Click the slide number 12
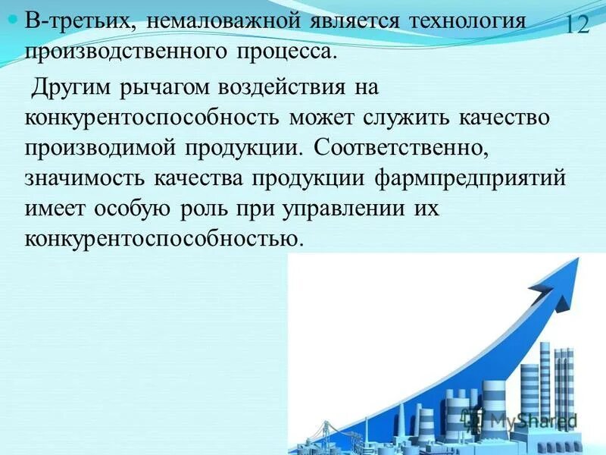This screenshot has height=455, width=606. click(x=576, y=25)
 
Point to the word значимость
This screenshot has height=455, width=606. click(x=86, y=180)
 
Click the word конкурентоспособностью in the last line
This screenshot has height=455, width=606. click(x=164, y=240)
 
